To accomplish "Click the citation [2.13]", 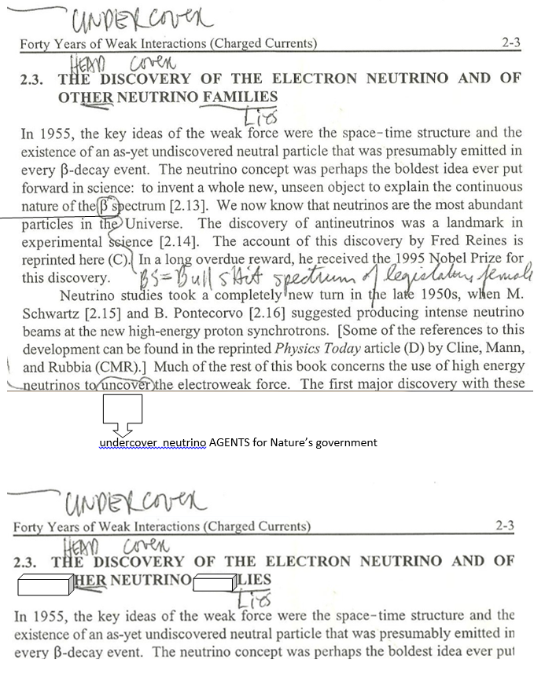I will tap(193, 206).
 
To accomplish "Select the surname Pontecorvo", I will tap(182, 313).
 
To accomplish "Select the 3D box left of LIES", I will tap(214, 582).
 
